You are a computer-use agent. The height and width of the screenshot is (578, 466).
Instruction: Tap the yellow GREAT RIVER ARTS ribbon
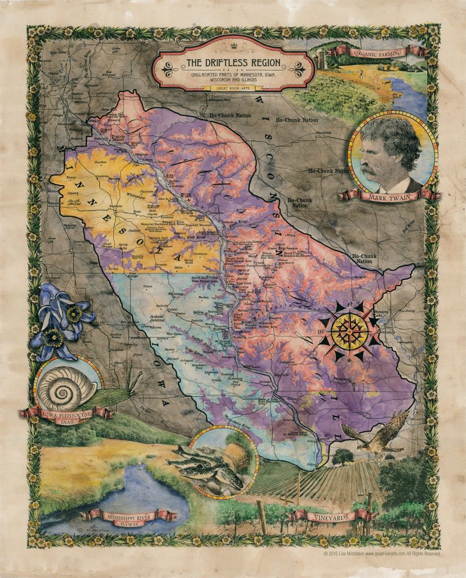coord(233,88)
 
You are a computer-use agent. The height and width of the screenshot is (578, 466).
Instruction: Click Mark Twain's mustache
coord(372,168)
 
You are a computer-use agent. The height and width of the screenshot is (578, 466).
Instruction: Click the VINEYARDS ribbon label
coord(331,516)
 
